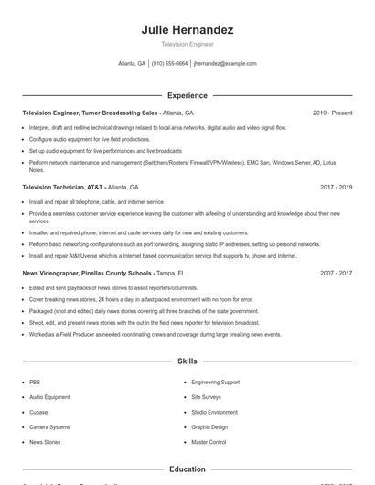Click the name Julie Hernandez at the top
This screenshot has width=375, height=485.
(x=187, y=30)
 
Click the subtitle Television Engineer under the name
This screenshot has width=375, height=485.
(x=187, y=44)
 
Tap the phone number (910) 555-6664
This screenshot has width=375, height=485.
(x=169, y=64)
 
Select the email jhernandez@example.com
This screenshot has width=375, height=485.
(x=225, y=64)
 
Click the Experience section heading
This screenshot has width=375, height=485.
(x=187, y=95)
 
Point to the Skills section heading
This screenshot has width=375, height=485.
(x=187, y=361)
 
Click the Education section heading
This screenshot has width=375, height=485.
(x=187, y=469)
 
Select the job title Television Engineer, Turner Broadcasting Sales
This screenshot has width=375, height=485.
(x=91, y=113)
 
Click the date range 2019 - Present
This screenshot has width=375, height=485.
(x=332, y=113)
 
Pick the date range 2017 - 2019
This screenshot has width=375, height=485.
(x=336, y=187)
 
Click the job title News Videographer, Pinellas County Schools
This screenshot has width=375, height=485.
(x=86, y=273)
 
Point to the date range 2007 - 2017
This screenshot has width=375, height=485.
(x=336, y=273)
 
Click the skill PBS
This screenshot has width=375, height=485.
(x=35, y=382)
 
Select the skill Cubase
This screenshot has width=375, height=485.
(x=38, y=412)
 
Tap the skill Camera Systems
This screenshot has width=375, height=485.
(x=49, y=427)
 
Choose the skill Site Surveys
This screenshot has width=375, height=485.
(x=206, y=397)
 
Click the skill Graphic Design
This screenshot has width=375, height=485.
(x=209, y=427)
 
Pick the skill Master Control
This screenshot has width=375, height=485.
(x=209, y=442)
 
